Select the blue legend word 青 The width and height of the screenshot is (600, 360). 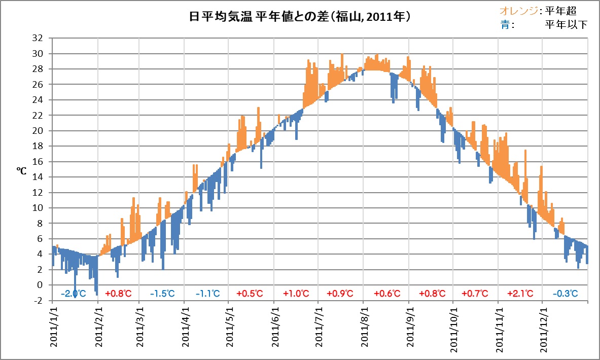point(505,24)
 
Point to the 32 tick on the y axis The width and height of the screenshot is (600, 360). point(38,38)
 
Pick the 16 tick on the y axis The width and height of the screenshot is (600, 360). point(38,162)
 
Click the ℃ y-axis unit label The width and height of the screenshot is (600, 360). point(21,170)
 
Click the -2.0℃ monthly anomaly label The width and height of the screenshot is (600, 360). point(74,294)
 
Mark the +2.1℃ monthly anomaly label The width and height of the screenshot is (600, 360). point(520,294)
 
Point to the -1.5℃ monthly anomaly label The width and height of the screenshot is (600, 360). point(162,294)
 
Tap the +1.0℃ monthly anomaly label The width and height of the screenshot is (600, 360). point(296,294)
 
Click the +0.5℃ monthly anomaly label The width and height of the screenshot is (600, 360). point(250,294)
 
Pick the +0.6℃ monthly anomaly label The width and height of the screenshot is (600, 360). point(387,294)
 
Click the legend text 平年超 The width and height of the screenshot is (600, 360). point(561,11)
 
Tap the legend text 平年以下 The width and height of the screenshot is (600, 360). point(566,24)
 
